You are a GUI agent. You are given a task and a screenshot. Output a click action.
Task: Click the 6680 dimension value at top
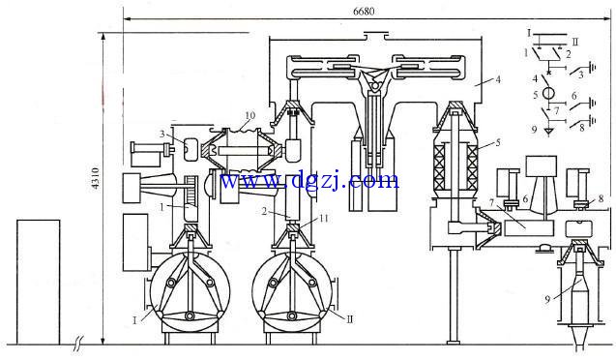364,11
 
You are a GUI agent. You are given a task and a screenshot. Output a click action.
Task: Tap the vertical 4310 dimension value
96,178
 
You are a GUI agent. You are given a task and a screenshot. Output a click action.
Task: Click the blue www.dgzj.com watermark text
309,180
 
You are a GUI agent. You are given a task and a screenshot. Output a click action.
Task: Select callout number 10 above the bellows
250,115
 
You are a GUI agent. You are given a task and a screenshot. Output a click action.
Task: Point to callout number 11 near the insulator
323,218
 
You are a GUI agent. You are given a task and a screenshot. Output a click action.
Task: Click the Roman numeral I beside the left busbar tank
134,320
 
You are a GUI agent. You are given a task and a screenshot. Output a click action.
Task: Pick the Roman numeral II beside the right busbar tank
350,319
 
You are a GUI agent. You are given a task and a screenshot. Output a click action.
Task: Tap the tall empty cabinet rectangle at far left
38,283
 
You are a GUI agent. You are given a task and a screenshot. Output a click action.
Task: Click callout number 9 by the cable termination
547,299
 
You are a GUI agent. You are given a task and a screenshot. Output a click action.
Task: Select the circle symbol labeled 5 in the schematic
548,94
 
